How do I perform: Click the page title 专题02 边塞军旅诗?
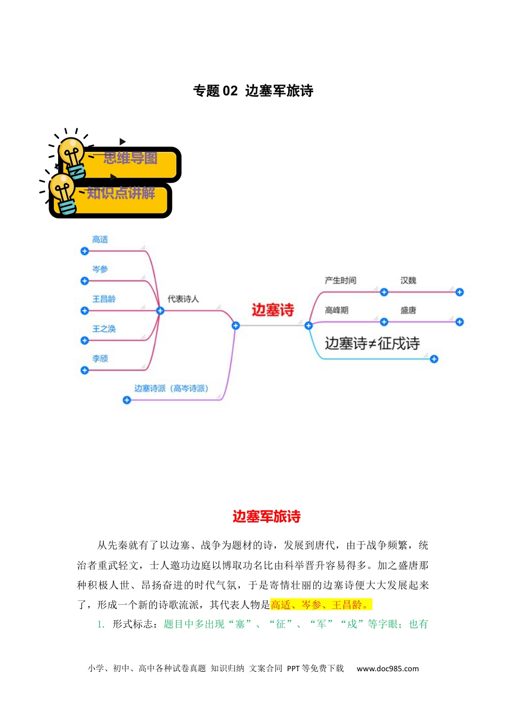click(x=253, y=91)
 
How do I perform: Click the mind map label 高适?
click(x=100, y=239)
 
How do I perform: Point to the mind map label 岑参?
click(x=100, y=269)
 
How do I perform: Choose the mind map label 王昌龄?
click(x=104, y=299)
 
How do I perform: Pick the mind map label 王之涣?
click(x=104, y=329)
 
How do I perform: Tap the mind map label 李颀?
click(x=100, y=359)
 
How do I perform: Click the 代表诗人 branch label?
click(x=183, y=299)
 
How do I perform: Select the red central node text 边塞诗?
click(x=273, y=310)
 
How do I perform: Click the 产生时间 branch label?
click(x=340, y=280)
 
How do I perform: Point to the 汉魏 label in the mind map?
click(x=408, y=280)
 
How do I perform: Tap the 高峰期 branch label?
click(x=337, y=310)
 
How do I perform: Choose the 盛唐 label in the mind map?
click(x=408, y=310)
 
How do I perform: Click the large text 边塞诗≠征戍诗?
click(x=372, y=343)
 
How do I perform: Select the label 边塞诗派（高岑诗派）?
click(x=172, y=388)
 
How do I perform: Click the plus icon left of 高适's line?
click(x=84, y=251)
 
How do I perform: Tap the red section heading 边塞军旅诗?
click(x=267, y=516)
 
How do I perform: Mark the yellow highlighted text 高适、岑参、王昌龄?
click(x=321, y=605)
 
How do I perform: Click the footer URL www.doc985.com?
click(x=387, y=669)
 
